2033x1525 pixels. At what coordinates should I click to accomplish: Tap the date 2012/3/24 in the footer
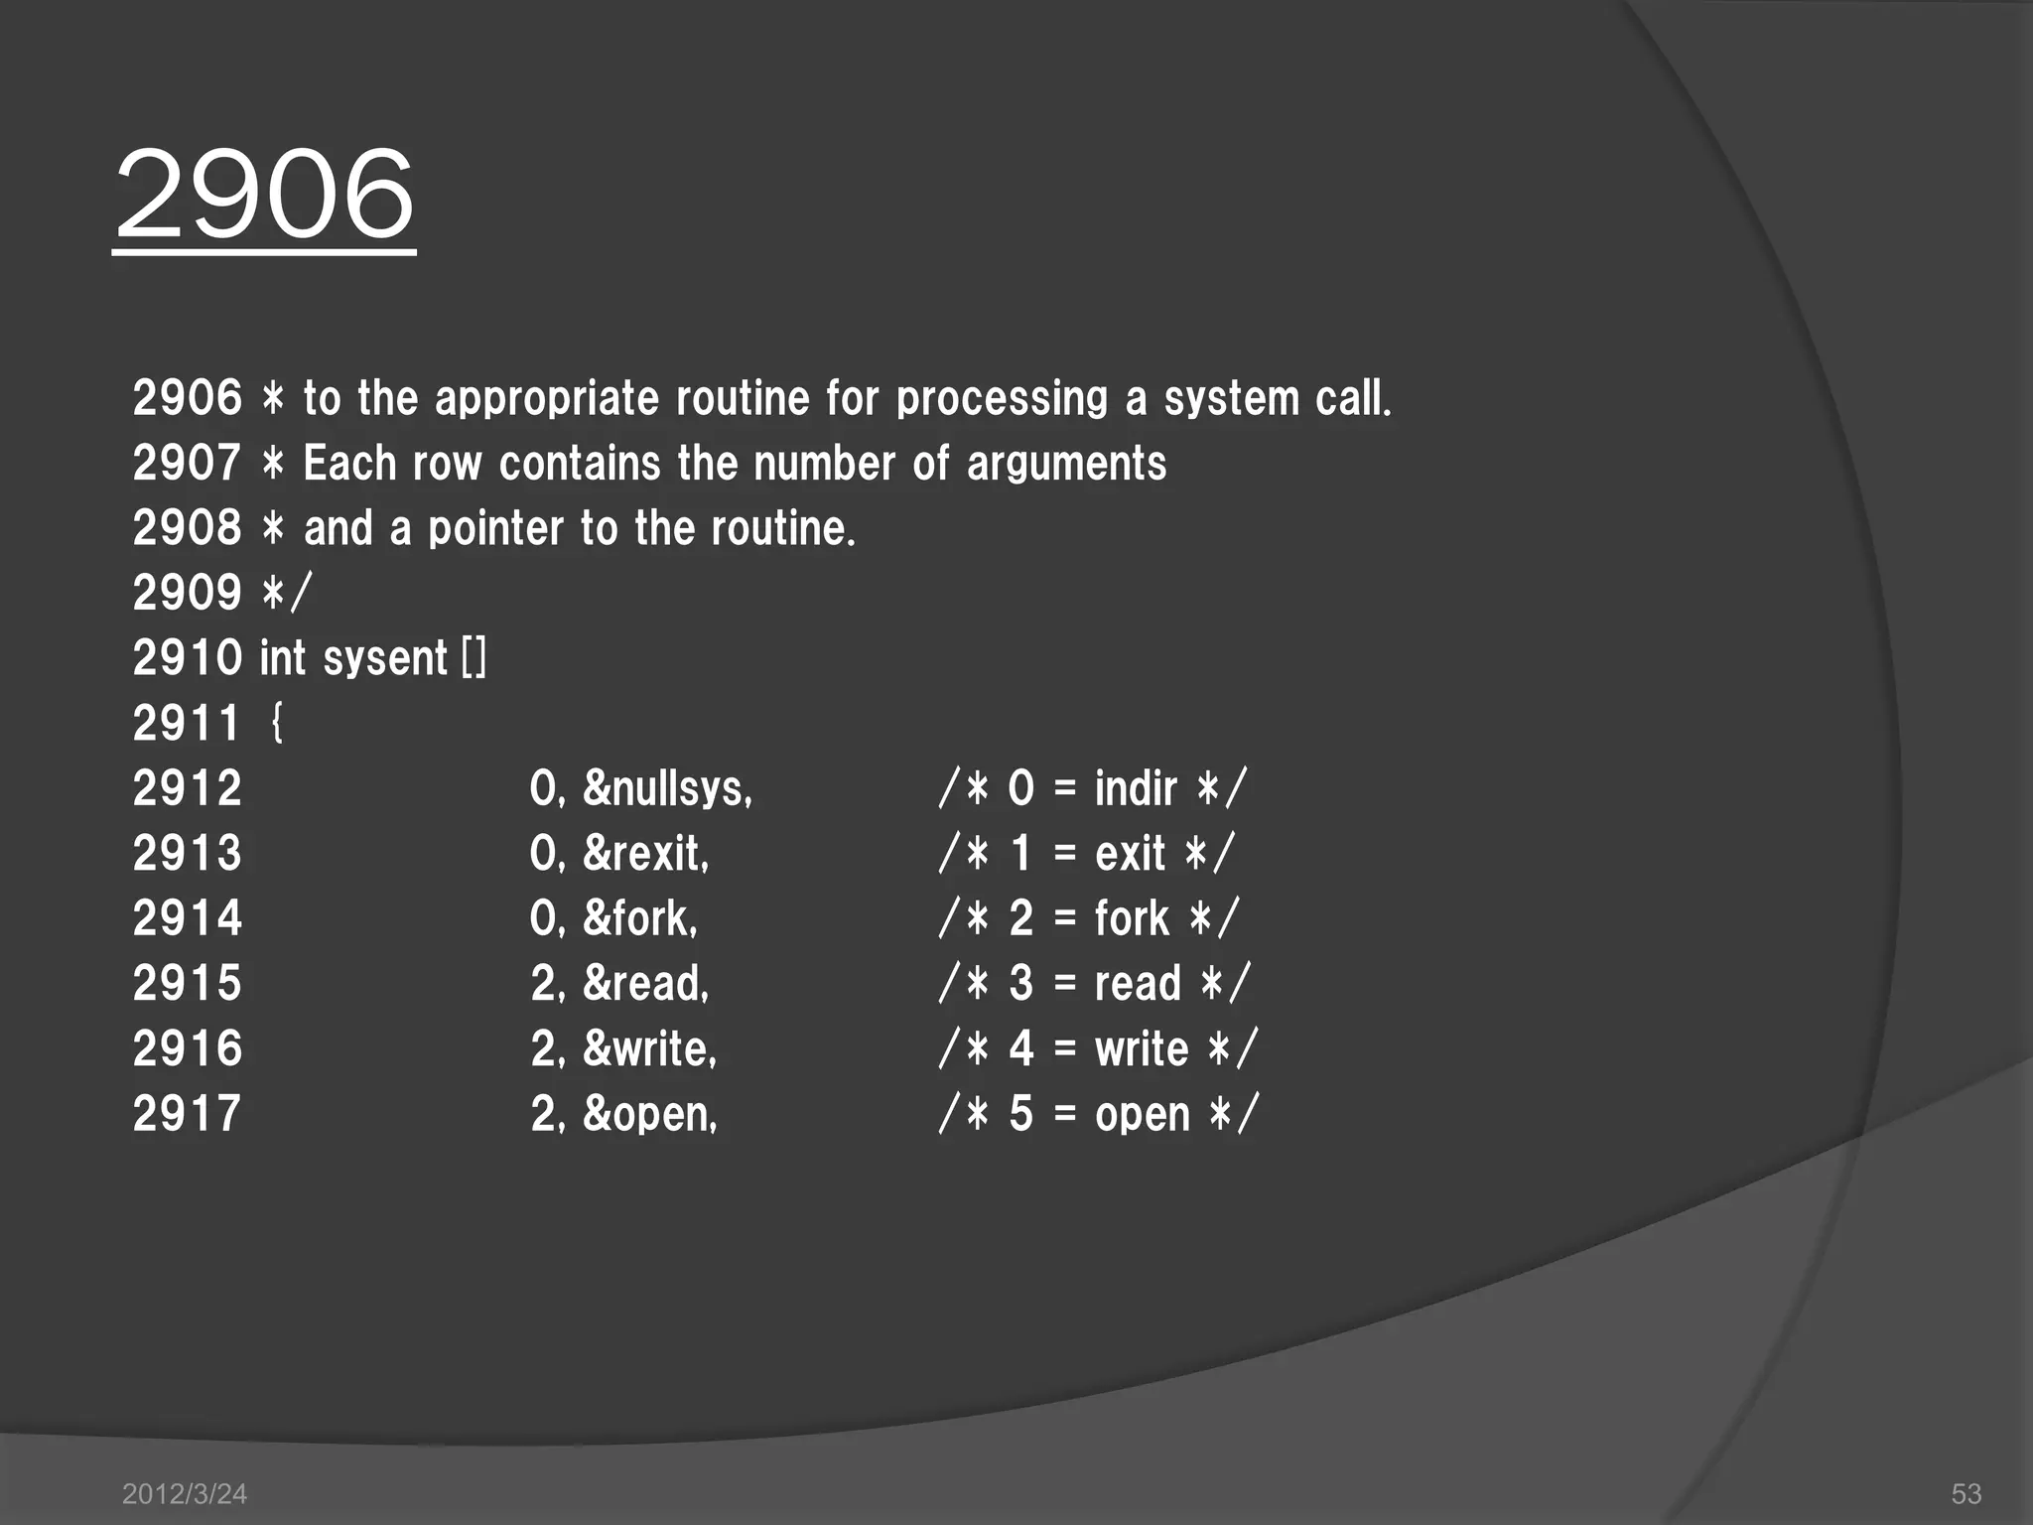(x=184, y=1493)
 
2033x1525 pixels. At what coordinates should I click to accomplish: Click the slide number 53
(x=1965, y=1493)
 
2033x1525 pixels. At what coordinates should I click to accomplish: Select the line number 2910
(x=187, y=658)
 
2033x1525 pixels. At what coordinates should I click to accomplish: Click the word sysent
(x=385, y=658)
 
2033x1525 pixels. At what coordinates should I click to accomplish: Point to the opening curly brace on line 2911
(x=277, y=723)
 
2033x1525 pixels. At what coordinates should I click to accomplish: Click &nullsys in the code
(x=667, y=788)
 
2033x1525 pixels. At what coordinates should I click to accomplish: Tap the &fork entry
(x=640, y=918)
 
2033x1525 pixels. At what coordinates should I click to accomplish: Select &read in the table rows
(x=645, y=983)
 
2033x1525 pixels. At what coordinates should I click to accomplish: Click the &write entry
(x=649, y=1048)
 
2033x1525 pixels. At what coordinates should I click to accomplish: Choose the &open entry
(x=649, y=1114)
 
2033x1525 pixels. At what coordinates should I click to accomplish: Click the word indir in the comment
(x=1136, y=788)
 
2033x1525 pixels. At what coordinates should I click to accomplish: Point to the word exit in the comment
(x=1130, y=853)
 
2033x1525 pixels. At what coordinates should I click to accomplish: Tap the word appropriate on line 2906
(x=546, y=399)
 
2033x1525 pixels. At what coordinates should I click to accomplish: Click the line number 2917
(x=187, y=1114)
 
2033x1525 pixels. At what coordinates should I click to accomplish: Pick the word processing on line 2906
(x=1001, y=399)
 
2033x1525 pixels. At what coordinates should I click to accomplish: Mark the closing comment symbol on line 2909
(x=286, y=594)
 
